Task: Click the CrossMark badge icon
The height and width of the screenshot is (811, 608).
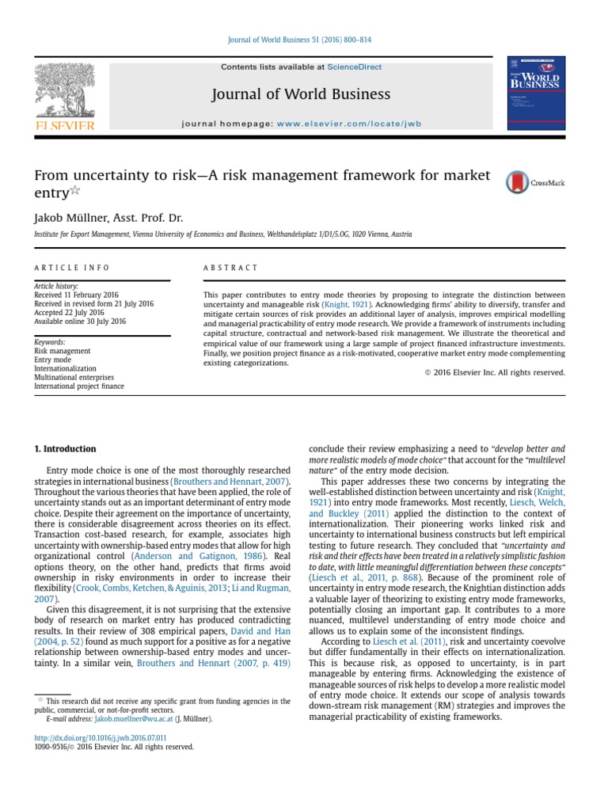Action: pyautogui.click(x=519, y=182)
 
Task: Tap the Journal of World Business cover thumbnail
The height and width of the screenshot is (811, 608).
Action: pyautogui.click(x=535, y=93)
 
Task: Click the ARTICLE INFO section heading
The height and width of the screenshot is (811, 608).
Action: pyautogui.click(x=72, y=268)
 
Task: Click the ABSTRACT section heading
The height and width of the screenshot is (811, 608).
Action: pyautogui.click(x=230, y=268)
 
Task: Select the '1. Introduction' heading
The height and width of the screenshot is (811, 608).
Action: pyautogui.click(x=65, y=448)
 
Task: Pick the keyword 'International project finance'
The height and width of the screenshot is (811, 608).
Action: pyautogui.click(x=78, y=386)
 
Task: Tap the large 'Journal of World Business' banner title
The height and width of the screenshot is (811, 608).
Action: pyautogui.click(x=300, y=95)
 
